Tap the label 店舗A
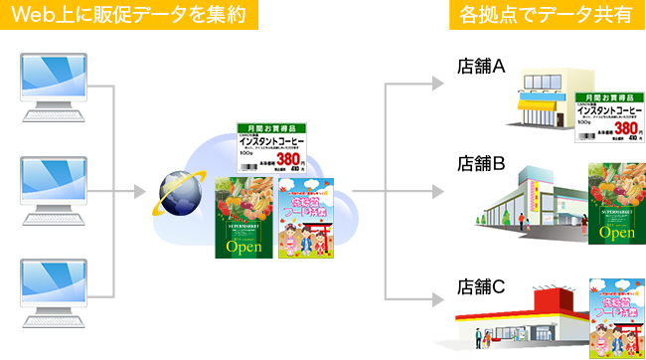[x=483, y=67]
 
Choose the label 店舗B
[x=483, y=162]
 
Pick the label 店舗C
[x=483, y=286]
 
